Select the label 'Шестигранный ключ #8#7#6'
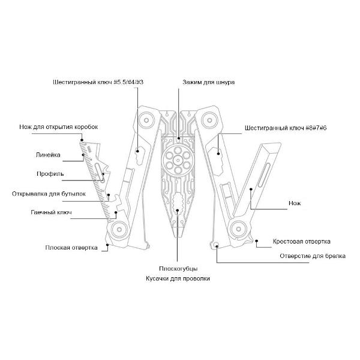(x=286, y=128)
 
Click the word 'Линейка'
(x=48, y=155)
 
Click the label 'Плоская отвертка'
(x=71, y=247)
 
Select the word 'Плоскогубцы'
(x=178, y=268)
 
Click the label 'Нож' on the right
(x=294, y=203)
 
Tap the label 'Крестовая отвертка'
(x=302, y=241)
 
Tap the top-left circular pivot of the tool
(x=145, y=119)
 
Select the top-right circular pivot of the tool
(x=211, y=119)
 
